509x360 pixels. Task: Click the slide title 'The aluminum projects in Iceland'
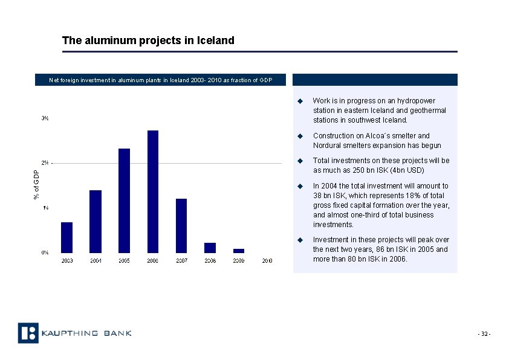[x=148, y=40]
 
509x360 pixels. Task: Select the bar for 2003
[x=66, y=237]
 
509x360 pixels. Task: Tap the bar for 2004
[x=95, y=221]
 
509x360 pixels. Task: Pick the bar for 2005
[x=124, y=200]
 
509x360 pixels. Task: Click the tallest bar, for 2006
[x=152, y=191]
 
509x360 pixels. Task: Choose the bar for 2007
[x=181, y=225]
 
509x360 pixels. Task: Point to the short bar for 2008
[x=210, y=248]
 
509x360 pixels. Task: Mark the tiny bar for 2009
[x=239, y=250]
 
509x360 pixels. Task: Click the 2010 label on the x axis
[x=267, y=260]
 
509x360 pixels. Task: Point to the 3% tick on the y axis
[x=45, y=118]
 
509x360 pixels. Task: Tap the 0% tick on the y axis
[x=45, y=252]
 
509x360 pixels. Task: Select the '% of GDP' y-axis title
[x=36, y=185]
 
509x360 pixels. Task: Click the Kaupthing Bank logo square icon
[x=28, y=333]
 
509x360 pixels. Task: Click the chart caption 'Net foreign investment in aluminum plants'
[x=160, y=80]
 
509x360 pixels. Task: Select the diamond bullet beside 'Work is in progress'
[x=299, y=101]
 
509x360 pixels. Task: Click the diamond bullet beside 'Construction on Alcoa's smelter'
[x=299, y=136]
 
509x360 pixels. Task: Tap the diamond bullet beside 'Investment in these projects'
[x=299, y=240]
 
